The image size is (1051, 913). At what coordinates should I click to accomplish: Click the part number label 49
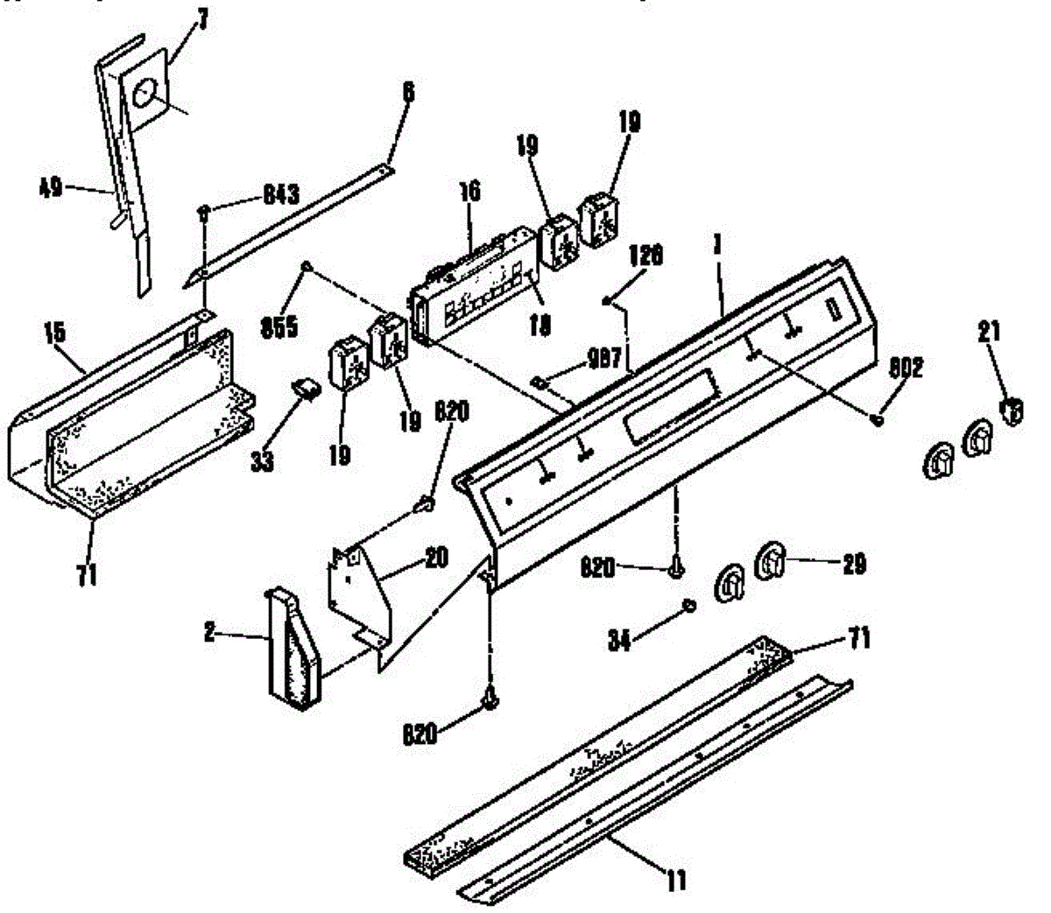click(x=52, y=186)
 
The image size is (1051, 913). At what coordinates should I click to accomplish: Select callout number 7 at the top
click(x=202, y=20)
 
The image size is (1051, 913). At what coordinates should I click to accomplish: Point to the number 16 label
click(x=470, y=193)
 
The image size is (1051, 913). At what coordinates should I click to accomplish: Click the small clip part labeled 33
click(x=306, y=387)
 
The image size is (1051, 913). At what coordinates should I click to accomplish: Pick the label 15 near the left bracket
click(x=54, y=332)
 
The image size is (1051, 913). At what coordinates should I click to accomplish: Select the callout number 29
click(x=853, y=565)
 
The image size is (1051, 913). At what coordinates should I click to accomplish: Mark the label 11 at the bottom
click(x=675, y=880)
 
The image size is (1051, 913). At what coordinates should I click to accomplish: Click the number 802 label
click(x=905, y=369)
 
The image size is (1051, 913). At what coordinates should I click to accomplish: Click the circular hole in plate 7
click(x=146, y=91)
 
